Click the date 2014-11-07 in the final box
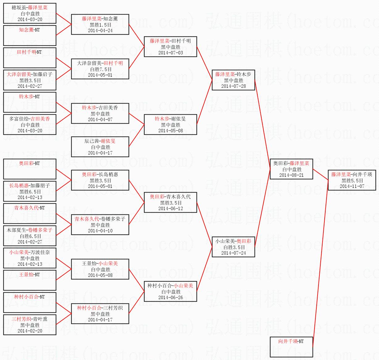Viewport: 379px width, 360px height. (x=352, y=186)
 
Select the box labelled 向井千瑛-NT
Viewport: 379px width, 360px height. (x=291, y=347)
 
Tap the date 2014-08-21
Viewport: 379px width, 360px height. (x=291, y=175)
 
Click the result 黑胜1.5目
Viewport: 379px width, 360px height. (x=100, y=25)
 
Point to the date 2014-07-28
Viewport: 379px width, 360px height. (x=233, y=86)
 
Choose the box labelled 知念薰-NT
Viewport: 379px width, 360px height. (x=30, y=36)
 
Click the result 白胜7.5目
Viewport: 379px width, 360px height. (x=101, y=69)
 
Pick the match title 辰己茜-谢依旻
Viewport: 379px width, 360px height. (x=100, y=141)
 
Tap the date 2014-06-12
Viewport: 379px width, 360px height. (x=171, y=209)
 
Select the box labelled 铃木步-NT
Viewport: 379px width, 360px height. (x=30, y=102)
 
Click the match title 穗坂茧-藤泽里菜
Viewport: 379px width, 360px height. (x=30, y=7)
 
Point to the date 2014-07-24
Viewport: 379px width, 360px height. (x=233, y=253)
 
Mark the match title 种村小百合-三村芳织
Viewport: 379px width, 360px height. (x=100, y=308)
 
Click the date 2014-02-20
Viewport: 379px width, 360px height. (x=30, y=331)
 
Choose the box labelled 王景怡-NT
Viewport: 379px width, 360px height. (x=30, y=280)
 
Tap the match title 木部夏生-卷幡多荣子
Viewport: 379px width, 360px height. (x=30, y=230)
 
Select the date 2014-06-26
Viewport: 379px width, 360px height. (x=171, y=298)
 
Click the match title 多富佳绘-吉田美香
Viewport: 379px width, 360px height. (x=30, y=119)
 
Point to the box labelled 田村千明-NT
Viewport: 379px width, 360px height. (x=30, y=58)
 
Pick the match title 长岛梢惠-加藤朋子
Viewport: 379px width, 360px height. (x=30, y=185)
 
